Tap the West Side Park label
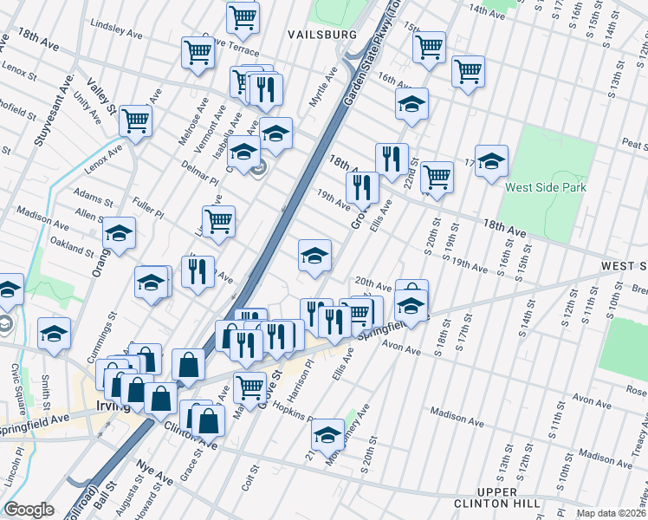tap(546, 187)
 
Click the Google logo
tap(29, 510)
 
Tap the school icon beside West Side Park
tap(491, 161)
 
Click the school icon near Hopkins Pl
tap(327, 433)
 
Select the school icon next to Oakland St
tap(119, 233)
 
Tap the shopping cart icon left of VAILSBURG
tap(243, 16)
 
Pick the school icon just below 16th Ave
tap(411, 105)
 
